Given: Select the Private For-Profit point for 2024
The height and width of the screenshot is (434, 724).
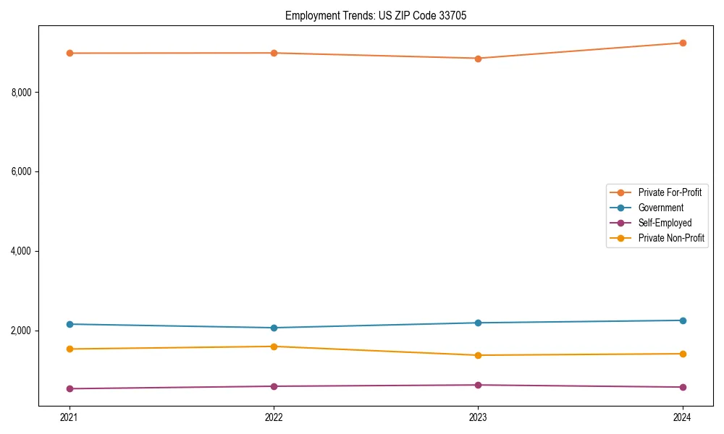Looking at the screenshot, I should coord(682,43).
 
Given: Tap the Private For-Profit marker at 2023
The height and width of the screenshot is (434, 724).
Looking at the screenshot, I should coord(478,59).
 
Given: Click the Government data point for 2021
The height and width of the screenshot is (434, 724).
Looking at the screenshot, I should coord(70,324).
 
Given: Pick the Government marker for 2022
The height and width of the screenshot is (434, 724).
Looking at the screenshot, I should coord(274,328).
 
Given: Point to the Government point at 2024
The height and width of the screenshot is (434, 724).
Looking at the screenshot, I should coord(682,320).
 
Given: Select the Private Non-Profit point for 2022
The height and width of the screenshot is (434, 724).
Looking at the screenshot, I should coord(274,346).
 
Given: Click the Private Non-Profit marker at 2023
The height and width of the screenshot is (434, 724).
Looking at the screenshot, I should coord(478,355).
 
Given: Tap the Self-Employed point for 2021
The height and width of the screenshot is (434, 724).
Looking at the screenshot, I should coord(70,388).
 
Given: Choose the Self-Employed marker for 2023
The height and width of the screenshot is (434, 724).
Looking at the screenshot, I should coord(478,385).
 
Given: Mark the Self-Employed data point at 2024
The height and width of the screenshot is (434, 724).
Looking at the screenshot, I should coord(682,387).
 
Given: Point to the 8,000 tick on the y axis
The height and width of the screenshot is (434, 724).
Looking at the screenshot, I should coord(25,92).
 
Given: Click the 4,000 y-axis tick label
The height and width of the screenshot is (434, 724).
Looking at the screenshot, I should coord(25,251).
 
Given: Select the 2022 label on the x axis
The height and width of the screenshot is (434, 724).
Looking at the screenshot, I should coord(274,417).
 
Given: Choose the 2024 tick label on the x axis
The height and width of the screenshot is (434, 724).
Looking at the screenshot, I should coord(682,417).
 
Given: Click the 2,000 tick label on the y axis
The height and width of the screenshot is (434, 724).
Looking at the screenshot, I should coord(25,331).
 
